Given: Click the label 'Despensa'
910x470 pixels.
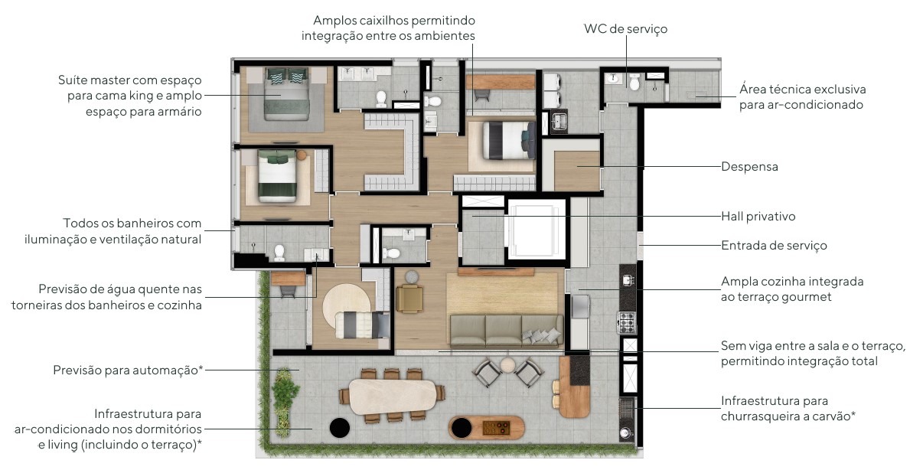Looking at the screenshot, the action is tap(749, 167).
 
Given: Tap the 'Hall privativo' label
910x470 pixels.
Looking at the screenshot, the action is tap(758, 217).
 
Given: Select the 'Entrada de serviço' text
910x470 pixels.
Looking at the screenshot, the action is tap(774, 246).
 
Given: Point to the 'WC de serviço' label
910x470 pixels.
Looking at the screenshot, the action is tap(625, 29).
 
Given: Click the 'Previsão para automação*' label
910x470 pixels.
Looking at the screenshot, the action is tap(129, 370).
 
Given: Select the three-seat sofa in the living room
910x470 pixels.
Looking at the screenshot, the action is tap(506, 331).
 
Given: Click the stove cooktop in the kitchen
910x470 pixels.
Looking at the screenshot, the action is tap(627, 322).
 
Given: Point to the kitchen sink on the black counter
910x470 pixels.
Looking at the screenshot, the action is tap(628, 280).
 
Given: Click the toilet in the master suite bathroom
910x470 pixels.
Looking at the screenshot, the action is tap(381, 99).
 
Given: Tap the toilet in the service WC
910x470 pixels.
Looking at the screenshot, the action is tap(634, 82).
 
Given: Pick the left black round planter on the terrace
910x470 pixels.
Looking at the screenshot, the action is tap(340, 428).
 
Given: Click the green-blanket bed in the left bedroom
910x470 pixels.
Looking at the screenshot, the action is tap(278, 176).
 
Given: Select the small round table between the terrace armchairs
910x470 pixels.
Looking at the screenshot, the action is tap(508, 365).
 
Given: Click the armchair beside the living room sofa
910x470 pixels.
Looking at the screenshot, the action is tap(409, 299).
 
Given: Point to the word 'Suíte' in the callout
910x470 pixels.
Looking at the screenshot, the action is tap(71, 80).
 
